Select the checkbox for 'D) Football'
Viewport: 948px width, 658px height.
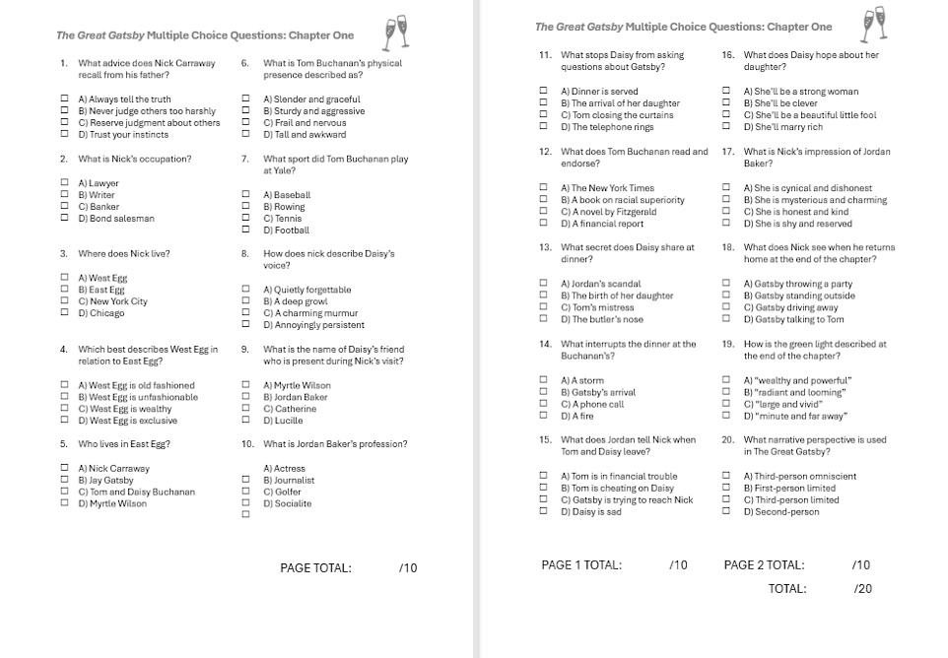pyautogui.click(x=246, y=230)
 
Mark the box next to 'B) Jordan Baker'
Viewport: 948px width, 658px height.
pyautogui.click(x=246, y=397)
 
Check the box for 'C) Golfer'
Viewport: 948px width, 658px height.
pyautogui.click(x=246, y=491)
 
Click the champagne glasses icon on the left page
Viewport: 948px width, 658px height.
pyautogui.click(x=396, y=32)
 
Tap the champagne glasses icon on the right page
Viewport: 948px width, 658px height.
pyautogui.click(x=874, y=23)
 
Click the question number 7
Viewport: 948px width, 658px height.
pyautogui.click(x=244, y=159)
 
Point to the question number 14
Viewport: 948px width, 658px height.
pyautogui.click(x=545, y=344)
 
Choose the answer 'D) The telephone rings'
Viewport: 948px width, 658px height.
pyautogui.click(x=607, y=127)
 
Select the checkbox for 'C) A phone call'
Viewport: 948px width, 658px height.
pyautogui.click(x=543, y=404)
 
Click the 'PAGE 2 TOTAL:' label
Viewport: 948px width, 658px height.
pyautogui.click(x=764, y=565)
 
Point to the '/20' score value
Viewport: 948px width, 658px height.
pyautogui.click(x=862, y=589)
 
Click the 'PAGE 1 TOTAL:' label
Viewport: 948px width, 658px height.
pyautogui.click(x=581, y=565)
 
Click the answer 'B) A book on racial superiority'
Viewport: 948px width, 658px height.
pyautogui.click(x=622, y=200)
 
